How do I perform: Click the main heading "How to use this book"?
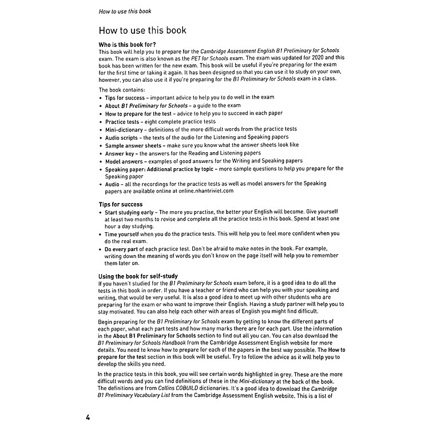(142, 30)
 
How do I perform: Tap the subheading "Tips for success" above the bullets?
(121, 204)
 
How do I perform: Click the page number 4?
(88, 418)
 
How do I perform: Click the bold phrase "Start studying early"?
(133, 212)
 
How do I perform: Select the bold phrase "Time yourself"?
(122, 233)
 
